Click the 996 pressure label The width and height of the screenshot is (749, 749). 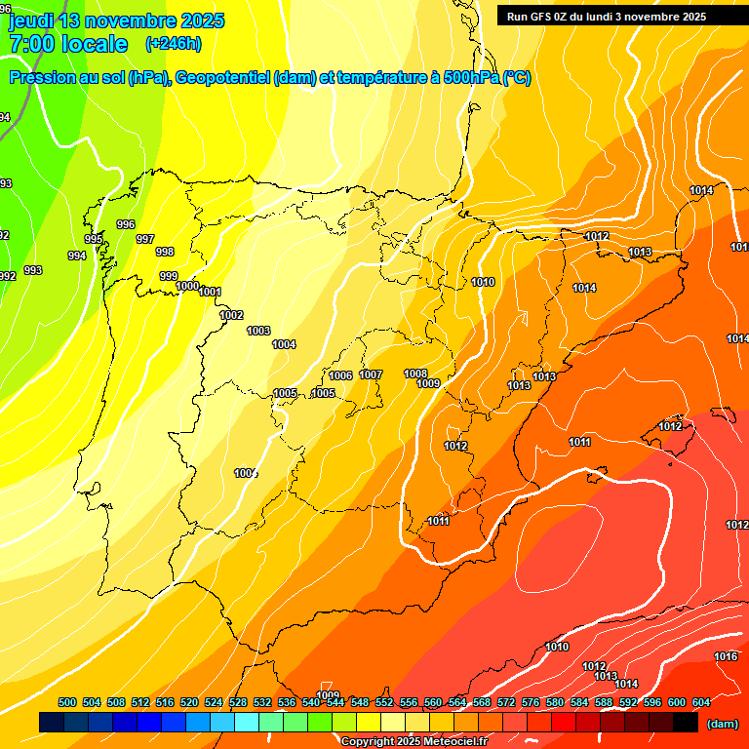coord(126,224)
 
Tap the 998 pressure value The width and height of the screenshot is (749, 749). coord(165,252)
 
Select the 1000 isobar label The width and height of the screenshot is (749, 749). coord(188,286)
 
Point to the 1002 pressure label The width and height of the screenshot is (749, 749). coord(231,315)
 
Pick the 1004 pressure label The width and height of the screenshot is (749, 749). coord(284,344)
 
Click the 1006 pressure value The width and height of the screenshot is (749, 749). coord(340,375)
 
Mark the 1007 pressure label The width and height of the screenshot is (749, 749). coord(371,374)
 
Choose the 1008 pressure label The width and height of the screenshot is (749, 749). coord(415,374)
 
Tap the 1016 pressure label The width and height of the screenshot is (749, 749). coord(726,656)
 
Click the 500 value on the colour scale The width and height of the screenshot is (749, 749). coord(67,702)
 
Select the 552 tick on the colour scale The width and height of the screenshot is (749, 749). coord(384,702)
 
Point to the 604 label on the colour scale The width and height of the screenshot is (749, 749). coord(701,702)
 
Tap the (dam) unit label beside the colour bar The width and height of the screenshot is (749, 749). coord(722,723)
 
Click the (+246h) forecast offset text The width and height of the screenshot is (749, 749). coord(173,43)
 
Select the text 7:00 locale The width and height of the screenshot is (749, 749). coord(68,44)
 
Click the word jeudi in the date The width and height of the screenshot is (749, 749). coord(32,20)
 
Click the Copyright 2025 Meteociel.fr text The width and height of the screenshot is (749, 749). coord(414,741)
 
